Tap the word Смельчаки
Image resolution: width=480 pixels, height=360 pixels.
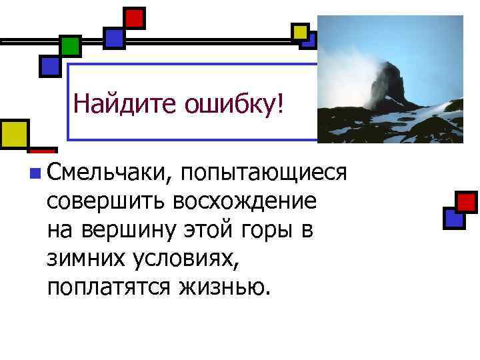tap(109, 172)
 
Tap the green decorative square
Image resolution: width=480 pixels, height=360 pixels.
tap(70, 45)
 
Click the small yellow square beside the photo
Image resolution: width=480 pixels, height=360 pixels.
tap(300, 31)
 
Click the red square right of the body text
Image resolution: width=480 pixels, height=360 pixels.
tap(465, 201)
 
